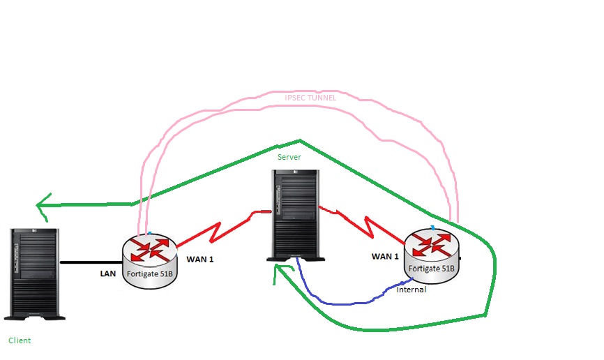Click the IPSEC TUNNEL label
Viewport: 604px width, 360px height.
click(310, 98)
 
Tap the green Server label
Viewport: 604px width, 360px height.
click(289, 157)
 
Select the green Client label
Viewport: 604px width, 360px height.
click(20, 340)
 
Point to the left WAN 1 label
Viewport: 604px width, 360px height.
click(200, 260)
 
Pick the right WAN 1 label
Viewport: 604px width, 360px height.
click(385, 257)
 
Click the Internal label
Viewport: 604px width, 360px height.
click(411, 289)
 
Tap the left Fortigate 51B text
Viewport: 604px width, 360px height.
click(149, 273)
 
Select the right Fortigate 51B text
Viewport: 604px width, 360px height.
click(431, 268)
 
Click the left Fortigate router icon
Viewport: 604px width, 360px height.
click(149, 259)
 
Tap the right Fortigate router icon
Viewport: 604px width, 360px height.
click(432, 254)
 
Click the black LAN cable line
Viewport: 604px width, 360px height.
click(91, 262)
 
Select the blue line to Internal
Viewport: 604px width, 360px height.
click(335, 302)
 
